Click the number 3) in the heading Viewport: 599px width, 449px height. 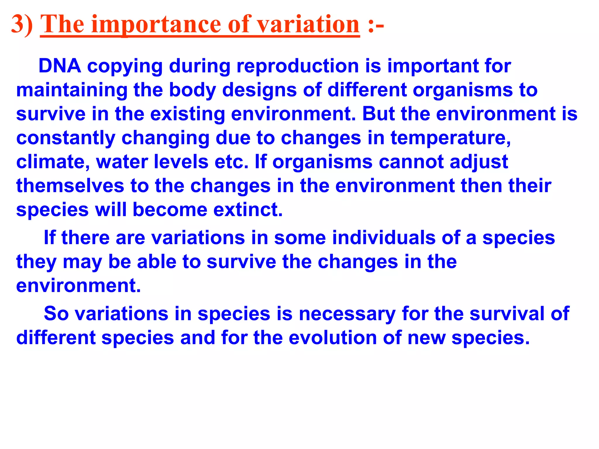point(22,25)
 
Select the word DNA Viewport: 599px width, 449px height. point(60,66)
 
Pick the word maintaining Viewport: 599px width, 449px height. point(72,90)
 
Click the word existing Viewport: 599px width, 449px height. point(187,114)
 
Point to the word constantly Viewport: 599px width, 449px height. point(66,138)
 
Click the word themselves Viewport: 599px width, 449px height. point(70,186)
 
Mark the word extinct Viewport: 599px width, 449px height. point(248,210)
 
